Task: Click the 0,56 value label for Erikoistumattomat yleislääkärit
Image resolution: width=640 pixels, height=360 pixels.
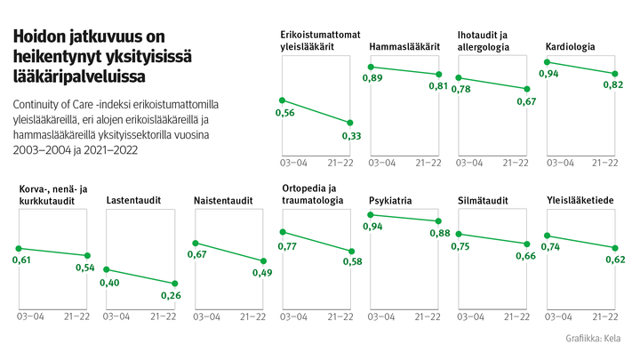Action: [285, 113]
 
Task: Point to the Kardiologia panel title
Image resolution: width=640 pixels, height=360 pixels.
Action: [571, 47]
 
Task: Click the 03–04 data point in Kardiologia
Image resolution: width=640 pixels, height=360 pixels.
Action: [549, 61]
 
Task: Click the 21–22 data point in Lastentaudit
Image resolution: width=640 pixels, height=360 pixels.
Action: [174, 284]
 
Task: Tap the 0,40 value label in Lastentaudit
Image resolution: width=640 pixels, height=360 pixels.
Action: [110, 283]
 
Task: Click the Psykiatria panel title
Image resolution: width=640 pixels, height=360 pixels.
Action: [390, 201]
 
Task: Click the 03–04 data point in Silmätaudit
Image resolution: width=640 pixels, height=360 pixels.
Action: [461, 234]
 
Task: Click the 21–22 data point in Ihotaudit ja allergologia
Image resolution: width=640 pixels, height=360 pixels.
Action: [527, 89]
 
